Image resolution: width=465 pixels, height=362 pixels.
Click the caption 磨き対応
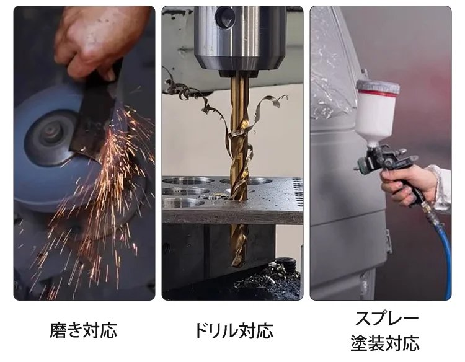pos(83,329)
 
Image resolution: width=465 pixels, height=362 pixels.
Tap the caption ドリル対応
pos(232,330)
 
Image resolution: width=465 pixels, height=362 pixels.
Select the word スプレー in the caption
pos(386,318)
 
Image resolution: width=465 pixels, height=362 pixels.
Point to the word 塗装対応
pos(386,342)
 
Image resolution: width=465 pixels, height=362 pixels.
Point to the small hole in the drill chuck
pos(227,16)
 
